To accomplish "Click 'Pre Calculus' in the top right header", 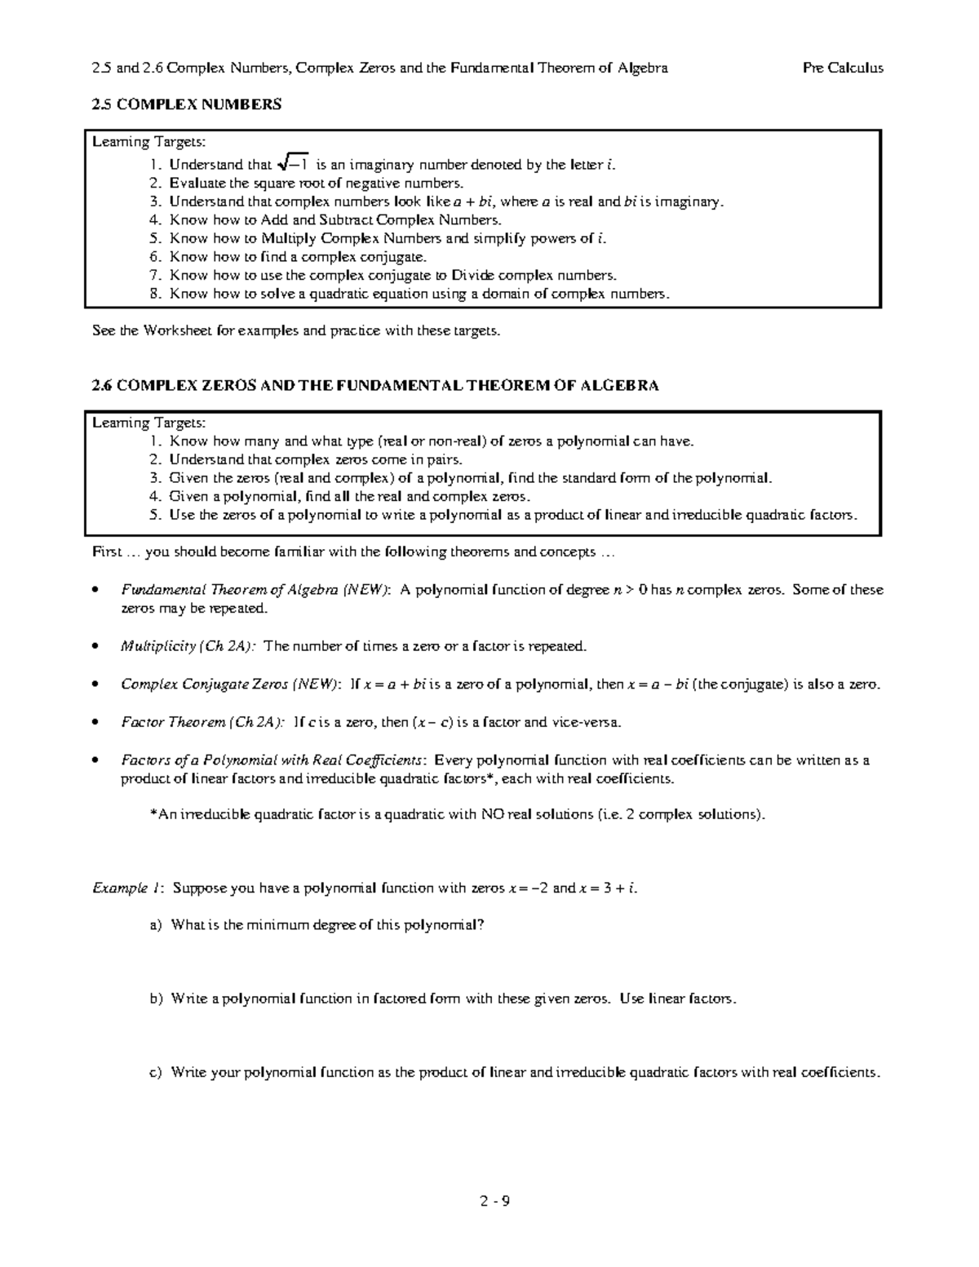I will [843, 69].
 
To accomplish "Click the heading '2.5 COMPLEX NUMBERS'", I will [187, 104].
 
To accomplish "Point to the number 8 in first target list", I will [155, 294].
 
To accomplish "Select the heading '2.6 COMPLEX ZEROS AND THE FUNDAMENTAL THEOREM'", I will [375, 386].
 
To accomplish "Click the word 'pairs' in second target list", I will [444, 460].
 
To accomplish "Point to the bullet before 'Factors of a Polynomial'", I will [97, 760].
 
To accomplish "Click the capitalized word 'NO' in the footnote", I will [493, 814].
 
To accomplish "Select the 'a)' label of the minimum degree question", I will [156, 925].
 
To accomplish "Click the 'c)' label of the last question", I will [156, 1073].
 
